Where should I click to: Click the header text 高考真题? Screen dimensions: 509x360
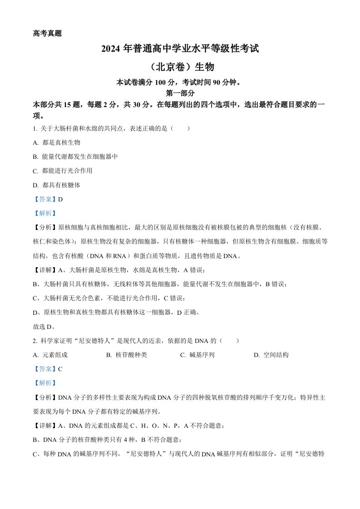coord(47,33)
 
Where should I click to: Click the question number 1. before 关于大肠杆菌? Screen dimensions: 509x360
coord(36,129)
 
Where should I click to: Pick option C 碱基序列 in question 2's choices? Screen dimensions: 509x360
coord(202,355)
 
